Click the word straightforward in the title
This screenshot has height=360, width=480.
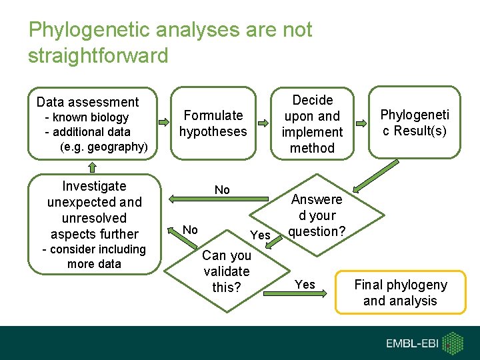[x=98, y=55]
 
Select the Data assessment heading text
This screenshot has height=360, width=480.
[x=87, y=102]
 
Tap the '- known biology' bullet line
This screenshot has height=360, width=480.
[x=86, y=117]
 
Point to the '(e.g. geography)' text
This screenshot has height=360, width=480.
[x=103, y=147]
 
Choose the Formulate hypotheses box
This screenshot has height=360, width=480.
[x=213, y=123]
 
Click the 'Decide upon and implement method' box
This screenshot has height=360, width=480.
[x=312, y=124]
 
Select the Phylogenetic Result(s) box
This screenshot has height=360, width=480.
[x=414, y=123]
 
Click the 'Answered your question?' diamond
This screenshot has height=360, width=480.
[x=317, y=215]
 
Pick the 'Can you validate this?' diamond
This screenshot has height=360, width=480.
[x=227, y=271]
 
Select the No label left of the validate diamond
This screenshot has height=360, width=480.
[x=190, y=230]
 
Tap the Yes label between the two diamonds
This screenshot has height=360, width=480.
[x=260, y=235]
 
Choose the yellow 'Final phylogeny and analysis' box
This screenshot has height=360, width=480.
[x=400, y=292]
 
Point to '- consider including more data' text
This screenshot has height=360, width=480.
[x=94, y=256]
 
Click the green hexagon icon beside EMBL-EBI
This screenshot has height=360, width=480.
[x=453, y=343]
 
